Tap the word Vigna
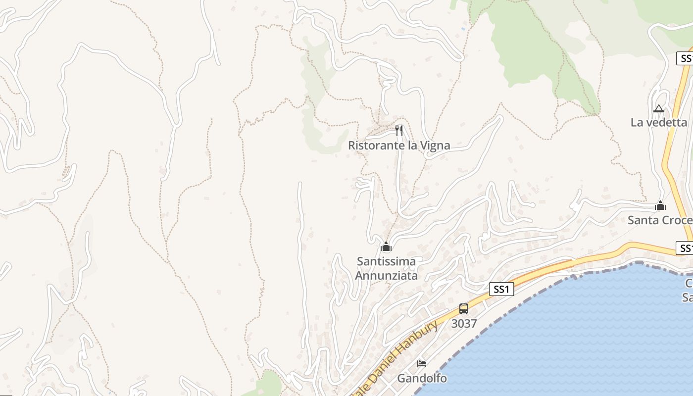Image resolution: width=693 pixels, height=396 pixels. click(x=434, y=146)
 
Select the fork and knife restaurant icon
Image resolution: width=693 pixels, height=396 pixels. click(x=399, y=131)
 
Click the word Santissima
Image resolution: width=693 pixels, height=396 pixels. click(x=387, y=261)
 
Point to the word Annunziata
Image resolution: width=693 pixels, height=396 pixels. click(x=387, y=275)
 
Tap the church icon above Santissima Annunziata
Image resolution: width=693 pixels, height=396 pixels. click(x=386, y=246)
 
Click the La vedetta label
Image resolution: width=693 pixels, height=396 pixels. click(x=659, y=122)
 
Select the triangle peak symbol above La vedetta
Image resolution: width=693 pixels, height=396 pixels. click(x=658, y=108)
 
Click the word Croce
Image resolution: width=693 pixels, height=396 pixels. click(x=677, y=220)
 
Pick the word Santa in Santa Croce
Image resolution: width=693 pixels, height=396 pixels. click(x=643, y=220)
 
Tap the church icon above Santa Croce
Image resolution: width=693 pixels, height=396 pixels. click(x=660, y=205)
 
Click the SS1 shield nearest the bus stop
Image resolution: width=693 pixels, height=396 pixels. click(x=501, y=289)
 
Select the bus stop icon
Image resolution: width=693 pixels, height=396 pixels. click(x=464, y=309)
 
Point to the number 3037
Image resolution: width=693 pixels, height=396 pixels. click(x=464, y=324)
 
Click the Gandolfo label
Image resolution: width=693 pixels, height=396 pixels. click(x=422, y=379)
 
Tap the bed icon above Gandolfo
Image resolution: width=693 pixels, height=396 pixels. click(x=422, y=364)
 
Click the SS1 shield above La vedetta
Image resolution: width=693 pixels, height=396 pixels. click(x=685, y=58)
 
